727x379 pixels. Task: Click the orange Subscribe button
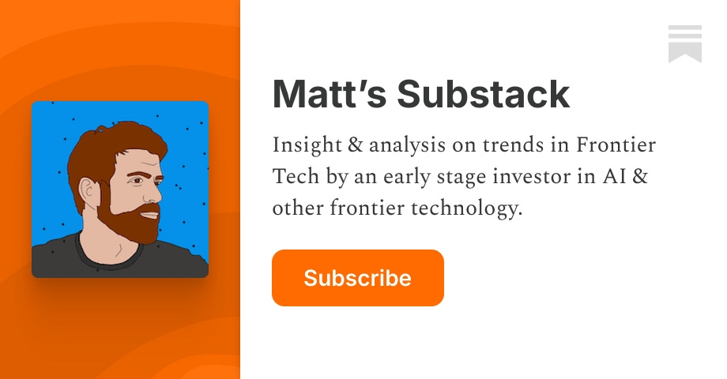[357, 278]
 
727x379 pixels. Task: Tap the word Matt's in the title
[327, 95]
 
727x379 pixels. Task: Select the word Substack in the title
[483, 95]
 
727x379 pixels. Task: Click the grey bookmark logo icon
[684, 43]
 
